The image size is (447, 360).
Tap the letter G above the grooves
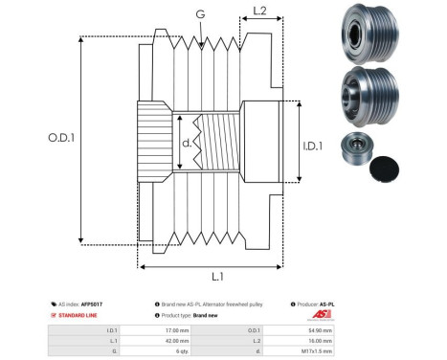tap(199, 13)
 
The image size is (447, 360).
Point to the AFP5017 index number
tap(92, 303)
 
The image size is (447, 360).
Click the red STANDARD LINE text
tap(81, 314)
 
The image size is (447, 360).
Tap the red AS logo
tap(322, 314)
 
